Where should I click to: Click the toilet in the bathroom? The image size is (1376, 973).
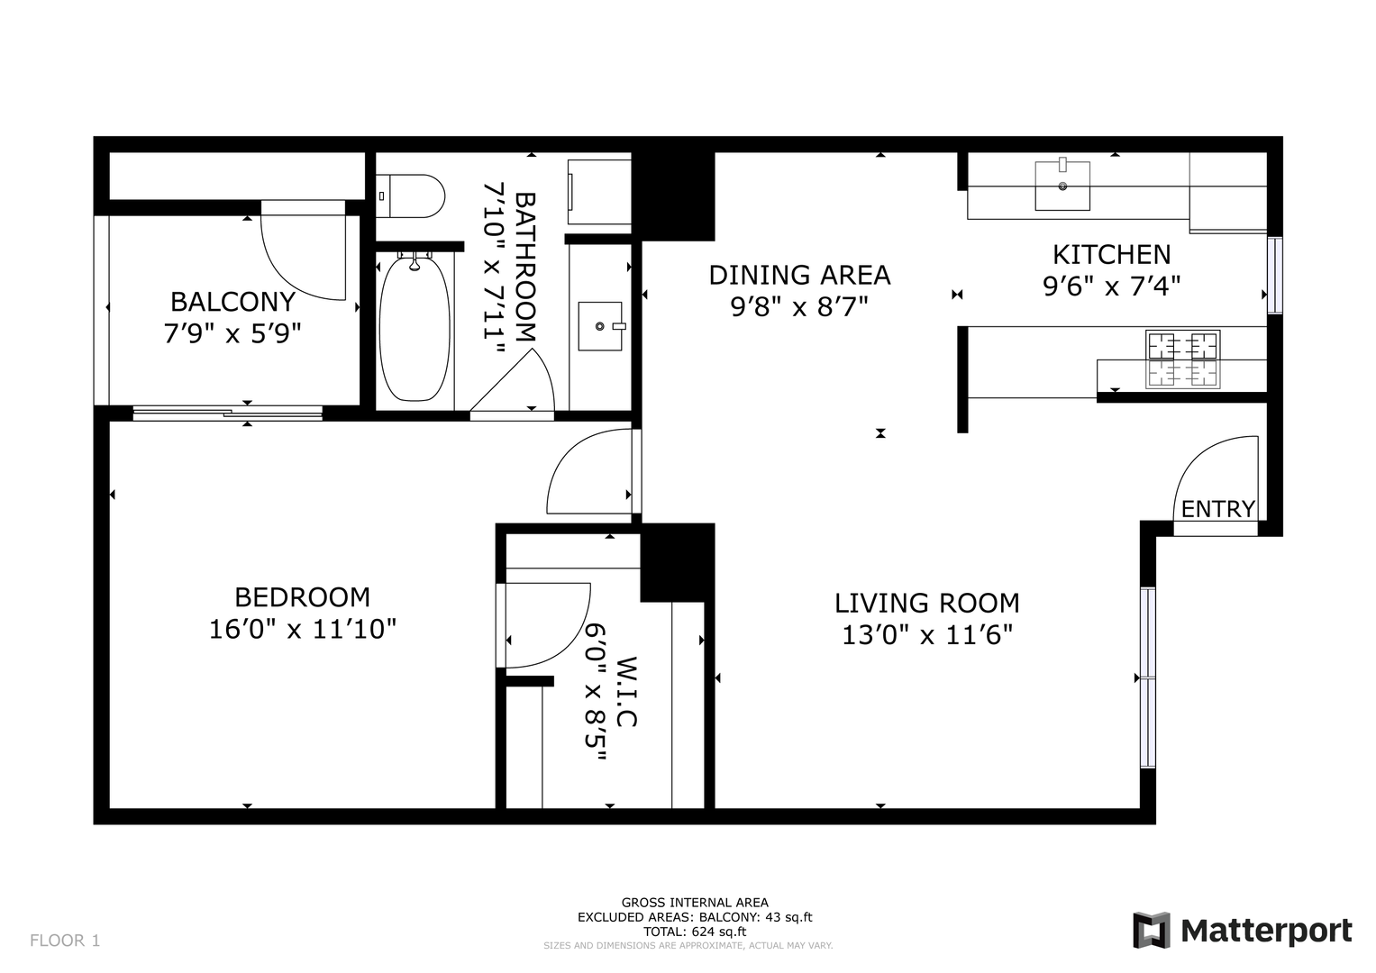click(x=410, y=196)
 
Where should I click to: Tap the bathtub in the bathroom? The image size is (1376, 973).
click(x=415, y=329)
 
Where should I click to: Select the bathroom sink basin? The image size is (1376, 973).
click(x=600, y=326)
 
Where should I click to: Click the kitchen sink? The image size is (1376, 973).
click(x=1062, y=186)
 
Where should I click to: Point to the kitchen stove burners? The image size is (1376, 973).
click(x=1182, y=359)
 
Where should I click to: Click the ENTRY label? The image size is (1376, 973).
click(x=1218, y=509)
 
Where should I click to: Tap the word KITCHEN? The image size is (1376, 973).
click(x=1111, y=254)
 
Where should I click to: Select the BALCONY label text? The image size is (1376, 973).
click(x=232, y=302)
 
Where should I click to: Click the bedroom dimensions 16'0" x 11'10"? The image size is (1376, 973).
click(x=303, y=629)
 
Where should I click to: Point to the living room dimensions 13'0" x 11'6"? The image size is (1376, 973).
click(x=926, y=635)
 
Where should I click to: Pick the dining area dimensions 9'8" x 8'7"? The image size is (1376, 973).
click(x=799, y=306)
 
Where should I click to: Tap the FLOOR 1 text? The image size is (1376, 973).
click(x=65, y=941)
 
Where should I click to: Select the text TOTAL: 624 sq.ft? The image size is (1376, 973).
click(x=695, y=932)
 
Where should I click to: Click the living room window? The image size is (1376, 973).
click(x=1147, y=677)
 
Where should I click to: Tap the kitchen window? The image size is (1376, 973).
click(x=1275, y=275)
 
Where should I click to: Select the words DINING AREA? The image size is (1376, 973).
click(x=799, y=275)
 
